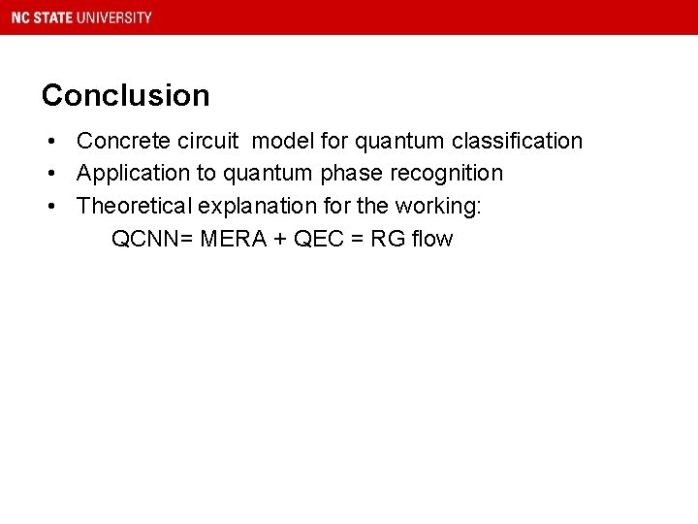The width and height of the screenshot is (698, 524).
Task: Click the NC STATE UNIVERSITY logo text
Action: (x=81, y=17)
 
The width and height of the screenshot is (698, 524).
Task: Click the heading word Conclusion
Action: (x=125, y=95)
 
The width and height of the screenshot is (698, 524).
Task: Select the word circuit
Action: (x=205, y=142)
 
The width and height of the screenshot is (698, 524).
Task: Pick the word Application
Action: (x=134, y=174)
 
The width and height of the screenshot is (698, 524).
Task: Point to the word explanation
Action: (x=257, y=206)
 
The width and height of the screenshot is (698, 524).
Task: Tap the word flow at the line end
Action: (x=432, y=239)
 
